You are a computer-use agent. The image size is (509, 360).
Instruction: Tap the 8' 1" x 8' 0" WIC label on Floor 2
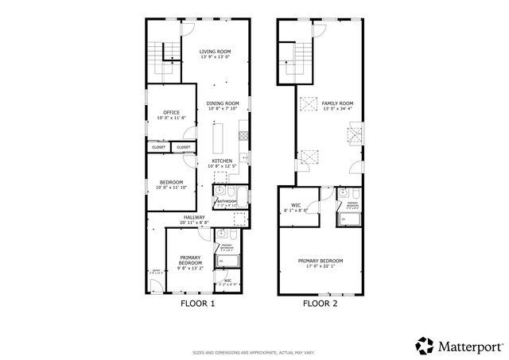coord(295,208)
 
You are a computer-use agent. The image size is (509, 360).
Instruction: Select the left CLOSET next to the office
coord(157,147)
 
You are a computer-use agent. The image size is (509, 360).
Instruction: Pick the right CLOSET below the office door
coord(183,147)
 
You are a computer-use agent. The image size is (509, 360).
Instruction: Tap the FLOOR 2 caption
coord(321,303)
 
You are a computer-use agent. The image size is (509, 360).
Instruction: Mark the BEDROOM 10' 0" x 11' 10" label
coord(171,185)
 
